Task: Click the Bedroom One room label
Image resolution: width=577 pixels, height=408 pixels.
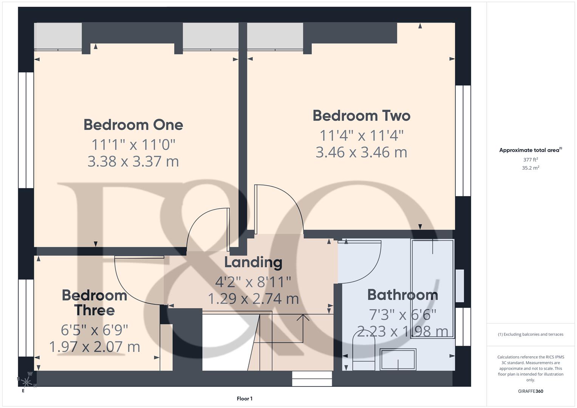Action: tap(133, 125)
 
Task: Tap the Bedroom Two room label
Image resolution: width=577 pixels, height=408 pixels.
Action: tap(361, 116)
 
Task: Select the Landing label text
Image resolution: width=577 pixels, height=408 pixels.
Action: tap(253, 262)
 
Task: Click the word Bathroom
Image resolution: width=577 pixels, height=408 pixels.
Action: tap(402, 295)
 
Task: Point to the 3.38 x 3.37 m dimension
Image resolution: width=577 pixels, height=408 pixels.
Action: tap(133, 161)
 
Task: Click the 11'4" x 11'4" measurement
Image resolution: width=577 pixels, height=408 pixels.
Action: tap(361, 135)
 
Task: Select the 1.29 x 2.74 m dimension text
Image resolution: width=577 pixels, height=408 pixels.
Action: tap(253, 299)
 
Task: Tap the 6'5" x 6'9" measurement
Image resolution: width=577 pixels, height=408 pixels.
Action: tap(94, 330)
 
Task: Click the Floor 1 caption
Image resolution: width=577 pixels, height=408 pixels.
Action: tap(244, 399)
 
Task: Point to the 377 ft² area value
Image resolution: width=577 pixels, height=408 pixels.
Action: tap(531, 160)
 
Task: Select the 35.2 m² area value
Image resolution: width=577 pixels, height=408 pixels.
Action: tap(531, 168)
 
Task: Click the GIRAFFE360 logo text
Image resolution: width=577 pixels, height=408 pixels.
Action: tap(531, 391)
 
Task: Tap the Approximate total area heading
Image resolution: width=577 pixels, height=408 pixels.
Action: tap(530, 150)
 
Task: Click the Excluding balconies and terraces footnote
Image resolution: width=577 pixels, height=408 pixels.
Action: tap(531, 334)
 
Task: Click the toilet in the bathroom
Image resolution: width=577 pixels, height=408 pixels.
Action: tap(364, 350)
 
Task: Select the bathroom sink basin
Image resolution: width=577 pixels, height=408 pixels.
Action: tap(398, 359)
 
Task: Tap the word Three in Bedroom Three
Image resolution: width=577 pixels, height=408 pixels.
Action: tap(94, 310)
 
